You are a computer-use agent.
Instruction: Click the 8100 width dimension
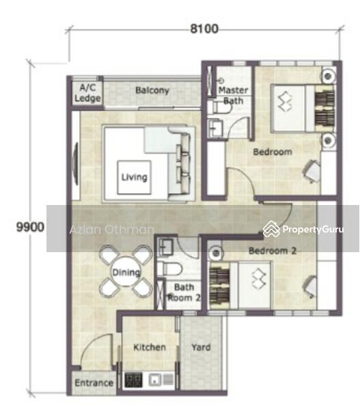click(204, 29)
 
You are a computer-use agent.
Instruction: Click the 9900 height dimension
click(30, 227)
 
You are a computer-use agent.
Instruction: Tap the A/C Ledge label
click(87, 93)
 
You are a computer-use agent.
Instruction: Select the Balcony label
click(152, 90)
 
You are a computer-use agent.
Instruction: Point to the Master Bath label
click(233, 96)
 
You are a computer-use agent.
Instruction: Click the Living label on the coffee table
click(135, 177)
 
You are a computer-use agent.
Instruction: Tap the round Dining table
click(126, 271)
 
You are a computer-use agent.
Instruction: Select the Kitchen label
click(150, 347)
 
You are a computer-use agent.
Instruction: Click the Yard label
click(201, 347)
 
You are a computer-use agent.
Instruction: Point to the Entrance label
click(94, 383)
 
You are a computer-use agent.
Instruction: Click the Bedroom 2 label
click(273, 251)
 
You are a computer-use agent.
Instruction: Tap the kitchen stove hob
click(134, 380)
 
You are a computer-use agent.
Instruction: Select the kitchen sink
click(155, 380)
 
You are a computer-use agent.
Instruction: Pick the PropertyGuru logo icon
click(271, 229)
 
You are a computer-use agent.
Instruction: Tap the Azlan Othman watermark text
click(112, 230)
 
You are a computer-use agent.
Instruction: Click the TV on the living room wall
click(76, 164)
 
